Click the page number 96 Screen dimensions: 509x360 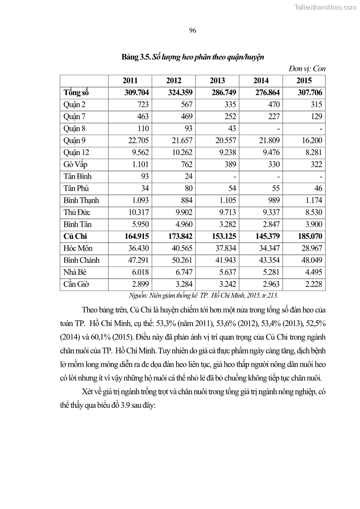coord(192,30)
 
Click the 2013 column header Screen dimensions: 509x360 coord(217,81)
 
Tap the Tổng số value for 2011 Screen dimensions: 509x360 coord(130,92)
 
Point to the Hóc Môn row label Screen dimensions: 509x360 coord(78,248)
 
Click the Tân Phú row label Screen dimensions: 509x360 coord(77,188)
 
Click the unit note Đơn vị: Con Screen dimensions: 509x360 coord(307,68)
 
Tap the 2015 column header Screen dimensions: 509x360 coord(304,81)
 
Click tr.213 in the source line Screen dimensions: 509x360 coord(269,296)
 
